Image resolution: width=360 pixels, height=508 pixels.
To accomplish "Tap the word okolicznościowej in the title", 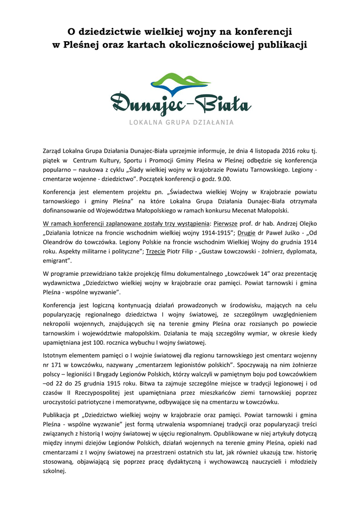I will (213, 45).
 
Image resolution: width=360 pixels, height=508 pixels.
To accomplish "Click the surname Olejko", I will (306, 223).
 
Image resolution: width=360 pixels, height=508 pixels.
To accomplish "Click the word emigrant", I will (57, 260).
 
